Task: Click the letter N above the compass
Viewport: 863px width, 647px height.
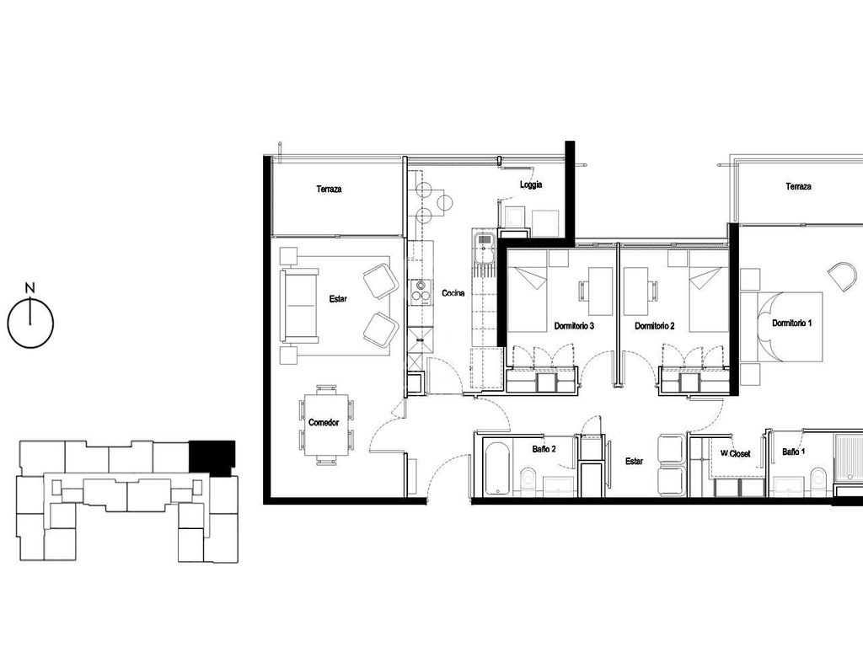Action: point(30,287)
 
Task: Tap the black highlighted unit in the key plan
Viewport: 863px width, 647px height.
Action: point(212,457)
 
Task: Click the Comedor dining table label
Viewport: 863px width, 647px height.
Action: point(324,423)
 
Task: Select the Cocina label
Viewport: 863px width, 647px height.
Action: point(453,293)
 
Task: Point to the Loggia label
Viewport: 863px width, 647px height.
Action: point(531,184)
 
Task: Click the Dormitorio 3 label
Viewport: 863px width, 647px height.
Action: point(574,326)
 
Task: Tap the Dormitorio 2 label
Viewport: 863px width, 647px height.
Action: point(654,326)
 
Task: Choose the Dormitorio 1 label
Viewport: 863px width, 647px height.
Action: point(791,323)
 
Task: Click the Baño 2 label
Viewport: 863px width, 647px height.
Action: point(544,449)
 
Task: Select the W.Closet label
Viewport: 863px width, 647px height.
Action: point(735,453)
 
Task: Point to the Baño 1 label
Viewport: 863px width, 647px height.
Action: point(794,452)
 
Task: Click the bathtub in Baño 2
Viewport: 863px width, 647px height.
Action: point(499,468)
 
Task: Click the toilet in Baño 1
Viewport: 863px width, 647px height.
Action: point(819,479)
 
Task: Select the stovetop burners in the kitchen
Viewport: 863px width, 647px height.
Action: point(421,291)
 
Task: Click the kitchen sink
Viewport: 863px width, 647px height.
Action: point(485,249)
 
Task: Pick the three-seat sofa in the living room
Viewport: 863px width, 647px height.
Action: point(300,304)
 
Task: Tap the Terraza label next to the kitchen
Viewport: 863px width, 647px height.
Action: point(330,189)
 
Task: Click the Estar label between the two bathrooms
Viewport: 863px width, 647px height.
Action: point(634,461)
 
